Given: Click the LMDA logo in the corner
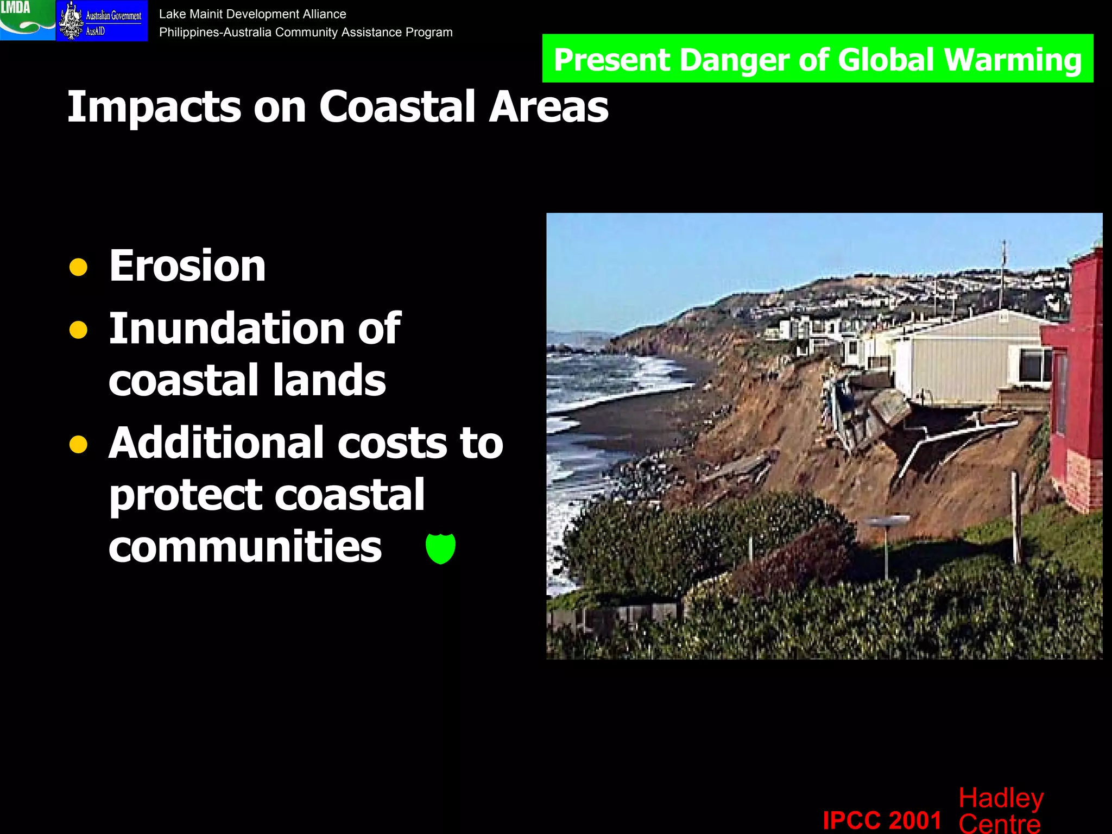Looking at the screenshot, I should [27, 20].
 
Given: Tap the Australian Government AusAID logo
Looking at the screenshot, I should [102, 21].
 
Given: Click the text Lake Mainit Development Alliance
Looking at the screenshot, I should [252, 14].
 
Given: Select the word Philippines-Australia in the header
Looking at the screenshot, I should [215, 33].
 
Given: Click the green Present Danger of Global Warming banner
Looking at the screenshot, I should [817, 59].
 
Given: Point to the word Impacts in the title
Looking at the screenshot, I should [154, 107].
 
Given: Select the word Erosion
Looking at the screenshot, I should [187, 266].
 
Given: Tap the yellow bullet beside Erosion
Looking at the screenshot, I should [79, 267].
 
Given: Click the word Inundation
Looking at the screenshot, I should [227, 328].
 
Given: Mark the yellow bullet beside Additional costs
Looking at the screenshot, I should [79, 444].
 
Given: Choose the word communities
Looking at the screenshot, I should [245, 546].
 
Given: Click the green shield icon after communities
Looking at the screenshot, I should [440, 548].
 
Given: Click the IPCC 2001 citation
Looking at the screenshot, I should [882, 819].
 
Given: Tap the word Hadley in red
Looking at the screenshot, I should [1001, 798].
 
